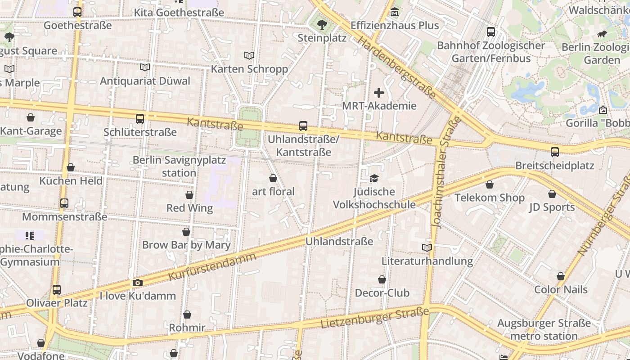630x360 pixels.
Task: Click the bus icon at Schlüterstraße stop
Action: [x=140, y=119]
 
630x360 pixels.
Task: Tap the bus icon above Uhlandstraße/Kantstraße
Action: [x=303, y=126]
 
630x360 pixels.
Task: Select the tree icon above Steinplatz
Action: [x=322, y=24]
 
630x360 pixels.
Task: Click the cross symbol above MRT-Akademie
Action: [x=379, y=93]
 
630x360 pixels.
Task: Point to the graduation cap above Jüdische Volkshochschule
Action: [x=374, y=179]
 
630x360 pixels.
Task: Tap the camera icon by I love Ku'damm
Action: [x=138, y=283]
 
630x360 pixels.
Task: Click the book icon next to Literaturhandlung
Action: [x=427, y=247]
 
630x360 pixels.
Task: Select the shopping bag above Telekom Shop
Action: [x=490, y=184]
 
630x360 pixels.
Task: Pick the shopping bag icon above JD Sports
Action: [x=552, y=194]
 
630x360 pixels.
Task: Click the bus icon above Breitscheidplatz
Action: [x=555, y=152]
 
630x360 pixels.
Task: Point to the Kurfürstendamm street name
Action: [x=212, y=266]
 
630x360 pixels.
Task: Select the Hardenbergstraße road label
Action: [x=396, y=67]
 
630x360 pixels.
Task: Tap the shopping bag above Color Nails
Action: [x=561, y=276]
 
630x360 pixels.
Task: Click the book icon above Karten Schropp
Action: [x=249, y=55]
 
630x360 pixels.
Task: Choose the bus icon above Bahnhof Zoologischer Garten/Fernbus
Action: [x=491, y=32]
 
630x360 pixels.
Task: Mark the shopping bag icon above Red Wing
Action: [x=189, y=195]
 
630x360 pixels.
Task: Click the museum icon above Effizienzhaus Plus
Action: [x=395, y=12]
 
